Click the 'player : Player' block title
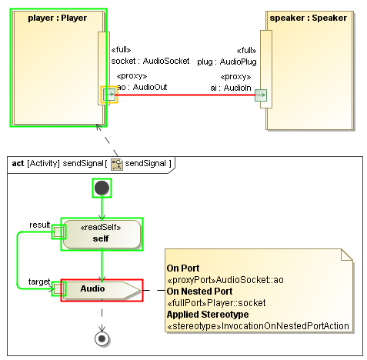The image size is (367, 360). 57,18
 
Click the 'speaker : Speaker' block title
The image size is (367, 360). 308,18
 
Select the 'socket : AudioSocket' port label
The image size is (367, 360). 150,61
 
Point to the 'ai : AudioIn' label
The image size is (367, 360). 231,88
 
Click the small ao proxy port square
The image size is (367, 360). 109,95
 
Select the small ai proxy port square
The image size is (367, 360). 261,95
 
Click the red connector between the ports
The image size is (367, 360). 185,95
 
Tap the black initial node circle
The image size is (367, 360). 102,188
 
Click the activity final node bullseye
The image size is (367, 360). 102,337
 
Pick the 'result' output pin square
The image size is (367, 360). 57,232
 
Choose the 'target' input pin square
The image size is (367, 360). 57,289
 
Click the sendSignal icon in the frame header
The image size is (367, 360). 117,164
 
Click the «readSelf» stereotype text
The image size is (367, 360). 102,227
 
